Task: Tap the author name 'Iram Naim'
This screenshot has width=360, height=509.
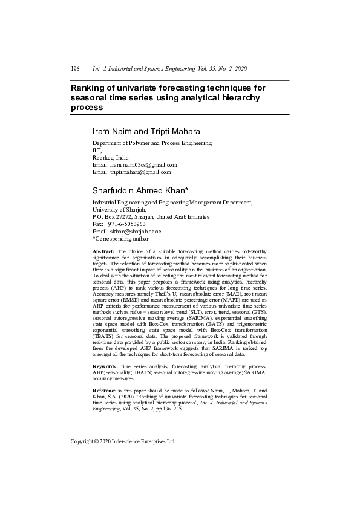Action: (x=111, y=131)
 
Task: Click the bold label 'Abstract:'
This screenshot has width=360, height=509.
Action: (x=103, y=251)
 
